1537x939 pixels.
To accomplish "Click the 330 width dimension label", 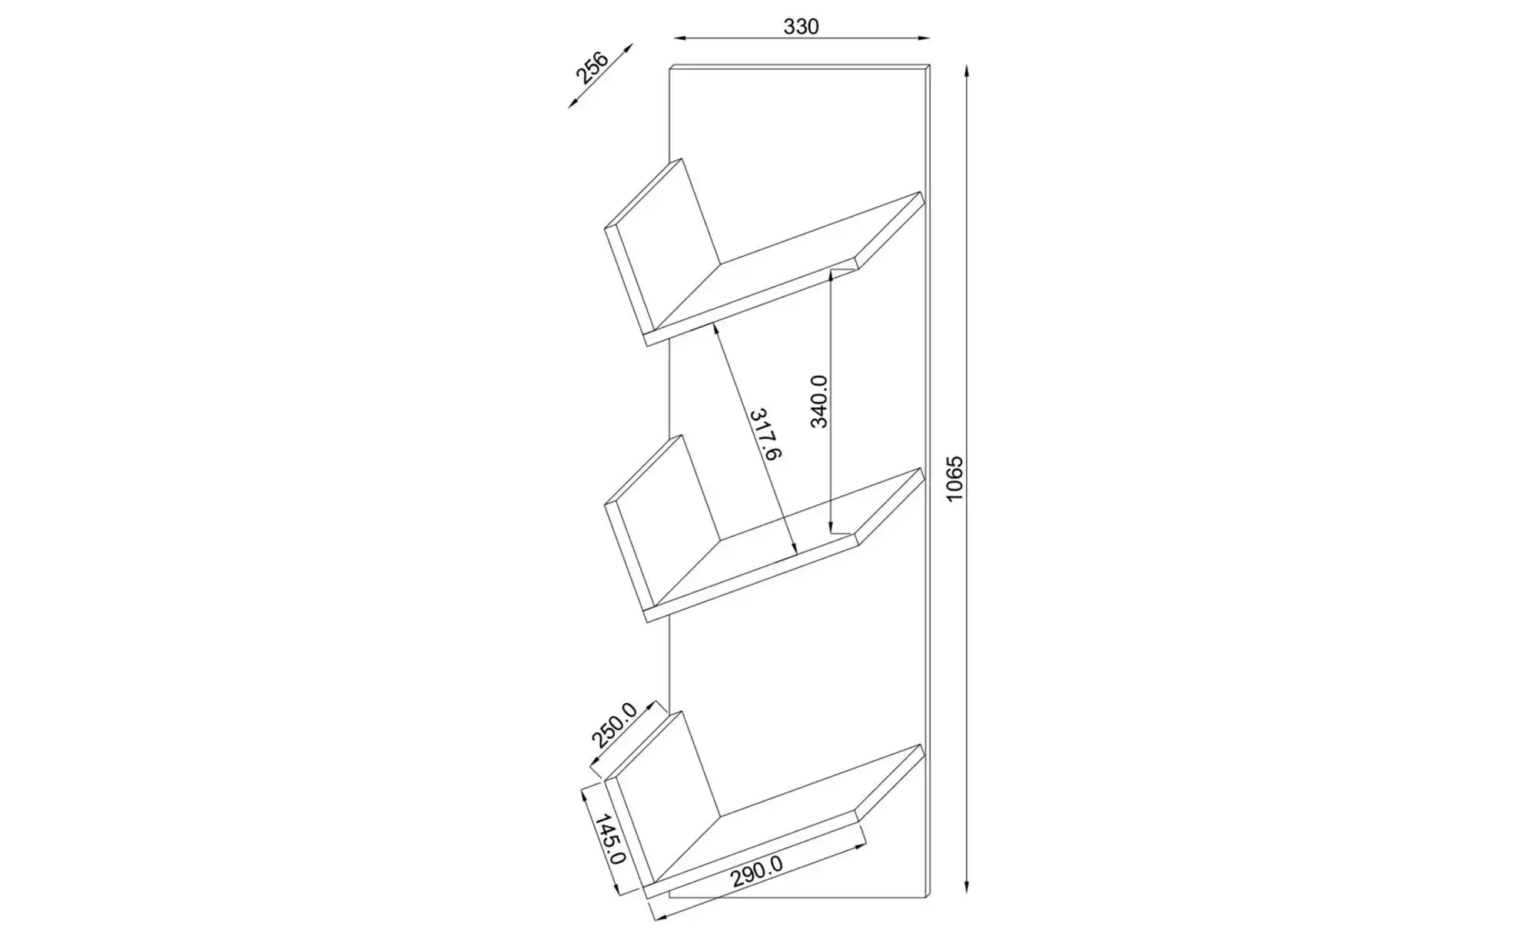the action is (802, 27).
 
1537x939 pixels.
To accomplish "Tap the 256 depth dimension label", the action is (592, 68).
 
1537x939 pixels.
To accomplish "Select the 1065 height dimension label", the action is (954, 479).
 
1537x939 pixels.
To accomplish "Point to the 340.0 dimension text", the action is (818, 400).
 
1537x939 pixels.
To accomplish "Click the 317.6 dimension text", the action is (765, 434).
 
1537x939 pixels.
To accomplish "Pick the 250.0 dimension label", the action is (614, 725).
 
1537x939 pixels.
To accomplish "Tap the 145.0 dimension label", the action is (610, 839).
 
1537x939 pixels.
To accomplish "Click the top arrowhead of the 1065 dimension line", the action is (967, 71).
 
